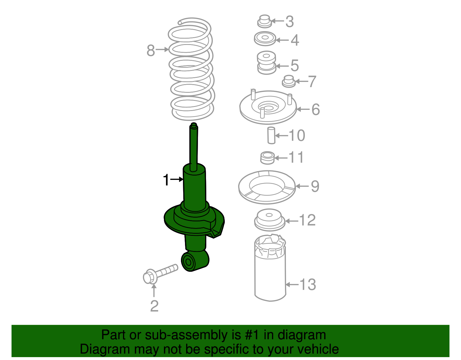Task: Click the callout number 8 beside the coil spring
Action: coord(151,50)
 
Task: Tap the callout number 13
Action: coord(308,284)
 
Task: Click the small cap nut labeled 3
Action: coord(264,21)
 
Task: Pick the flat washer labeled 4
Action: coord(265,39)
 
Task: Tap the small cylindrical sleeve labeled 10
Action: coord(271,135)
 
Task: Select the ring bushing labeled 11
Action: coord(267,158)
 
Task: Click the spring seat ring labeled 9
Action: coord(267,187)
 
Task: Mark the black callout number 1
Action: coord(166,180)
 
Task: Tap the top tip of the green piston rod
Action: coord(194,125)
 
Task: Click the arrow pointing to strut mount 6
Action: coord(303,109)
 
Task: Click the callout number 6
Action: coord(316,109)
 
